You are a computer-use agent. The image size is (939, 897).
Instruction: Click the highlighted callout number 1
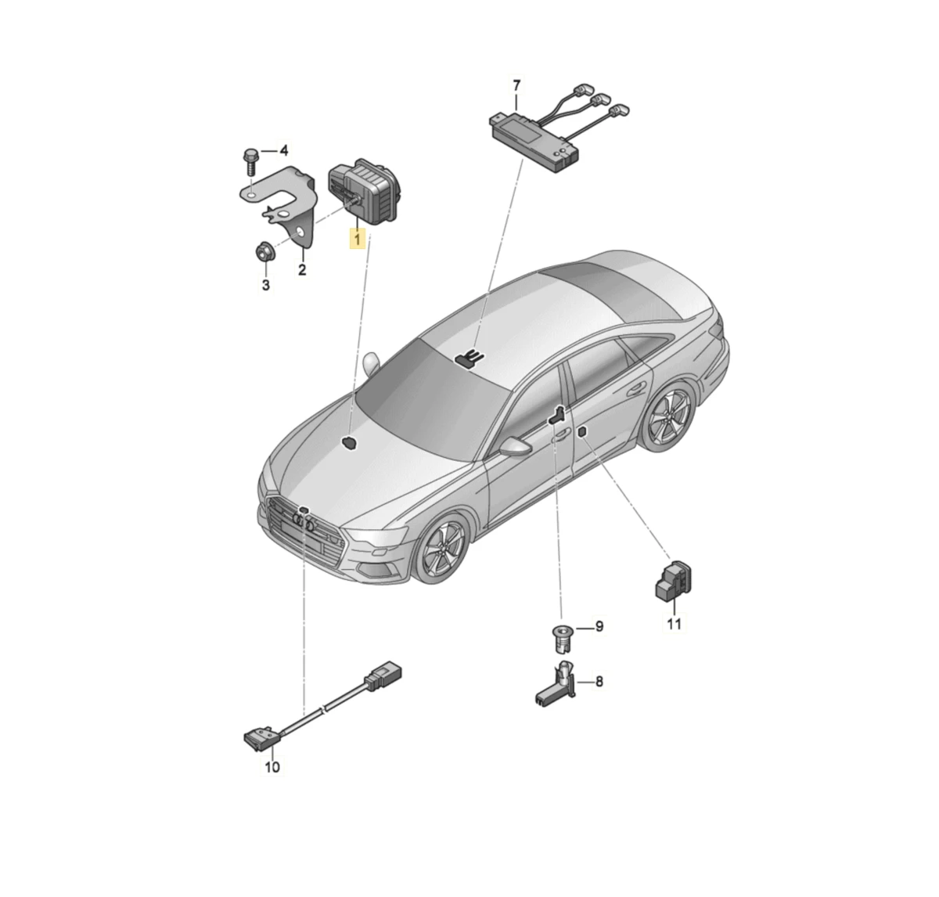(358, 239)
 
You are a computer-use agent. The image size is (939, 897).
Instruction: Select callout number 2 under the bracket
(302, 269)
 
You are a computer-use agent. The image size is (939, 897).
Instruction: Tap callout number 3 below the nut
(266, 285)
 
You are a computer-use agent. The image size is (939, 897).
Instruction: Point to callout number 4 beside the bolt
(284, 151)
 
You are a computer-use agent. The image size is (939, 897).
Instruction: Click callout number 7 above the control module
(516, 86)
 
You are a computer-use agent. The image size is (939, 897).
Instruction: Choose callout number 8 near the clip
(599, 682)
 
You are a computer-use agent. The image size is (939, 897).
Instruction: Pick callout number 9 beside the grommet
(599, 627)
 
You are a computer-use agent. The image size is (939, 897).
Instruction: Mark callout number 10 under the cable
(272, 767)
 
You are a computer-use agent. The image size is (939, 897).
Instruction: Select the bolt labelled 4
(250, 163)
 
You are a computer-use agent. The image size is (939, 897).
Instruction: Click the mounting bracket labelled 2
(285, 198)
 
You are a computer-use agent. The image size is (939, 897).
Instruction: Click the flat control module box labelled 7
(534, 140)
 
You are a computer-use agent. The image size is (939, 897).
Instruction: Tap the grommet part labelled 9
(563, 638)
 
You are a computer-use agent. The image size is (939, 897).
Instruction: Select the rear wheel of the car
(668, 417)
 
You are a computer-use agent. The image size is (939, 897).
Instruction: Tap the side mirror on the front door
(516, 445)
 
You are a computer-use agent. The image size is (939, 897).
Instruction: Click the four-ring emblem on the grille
(303, 521)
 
